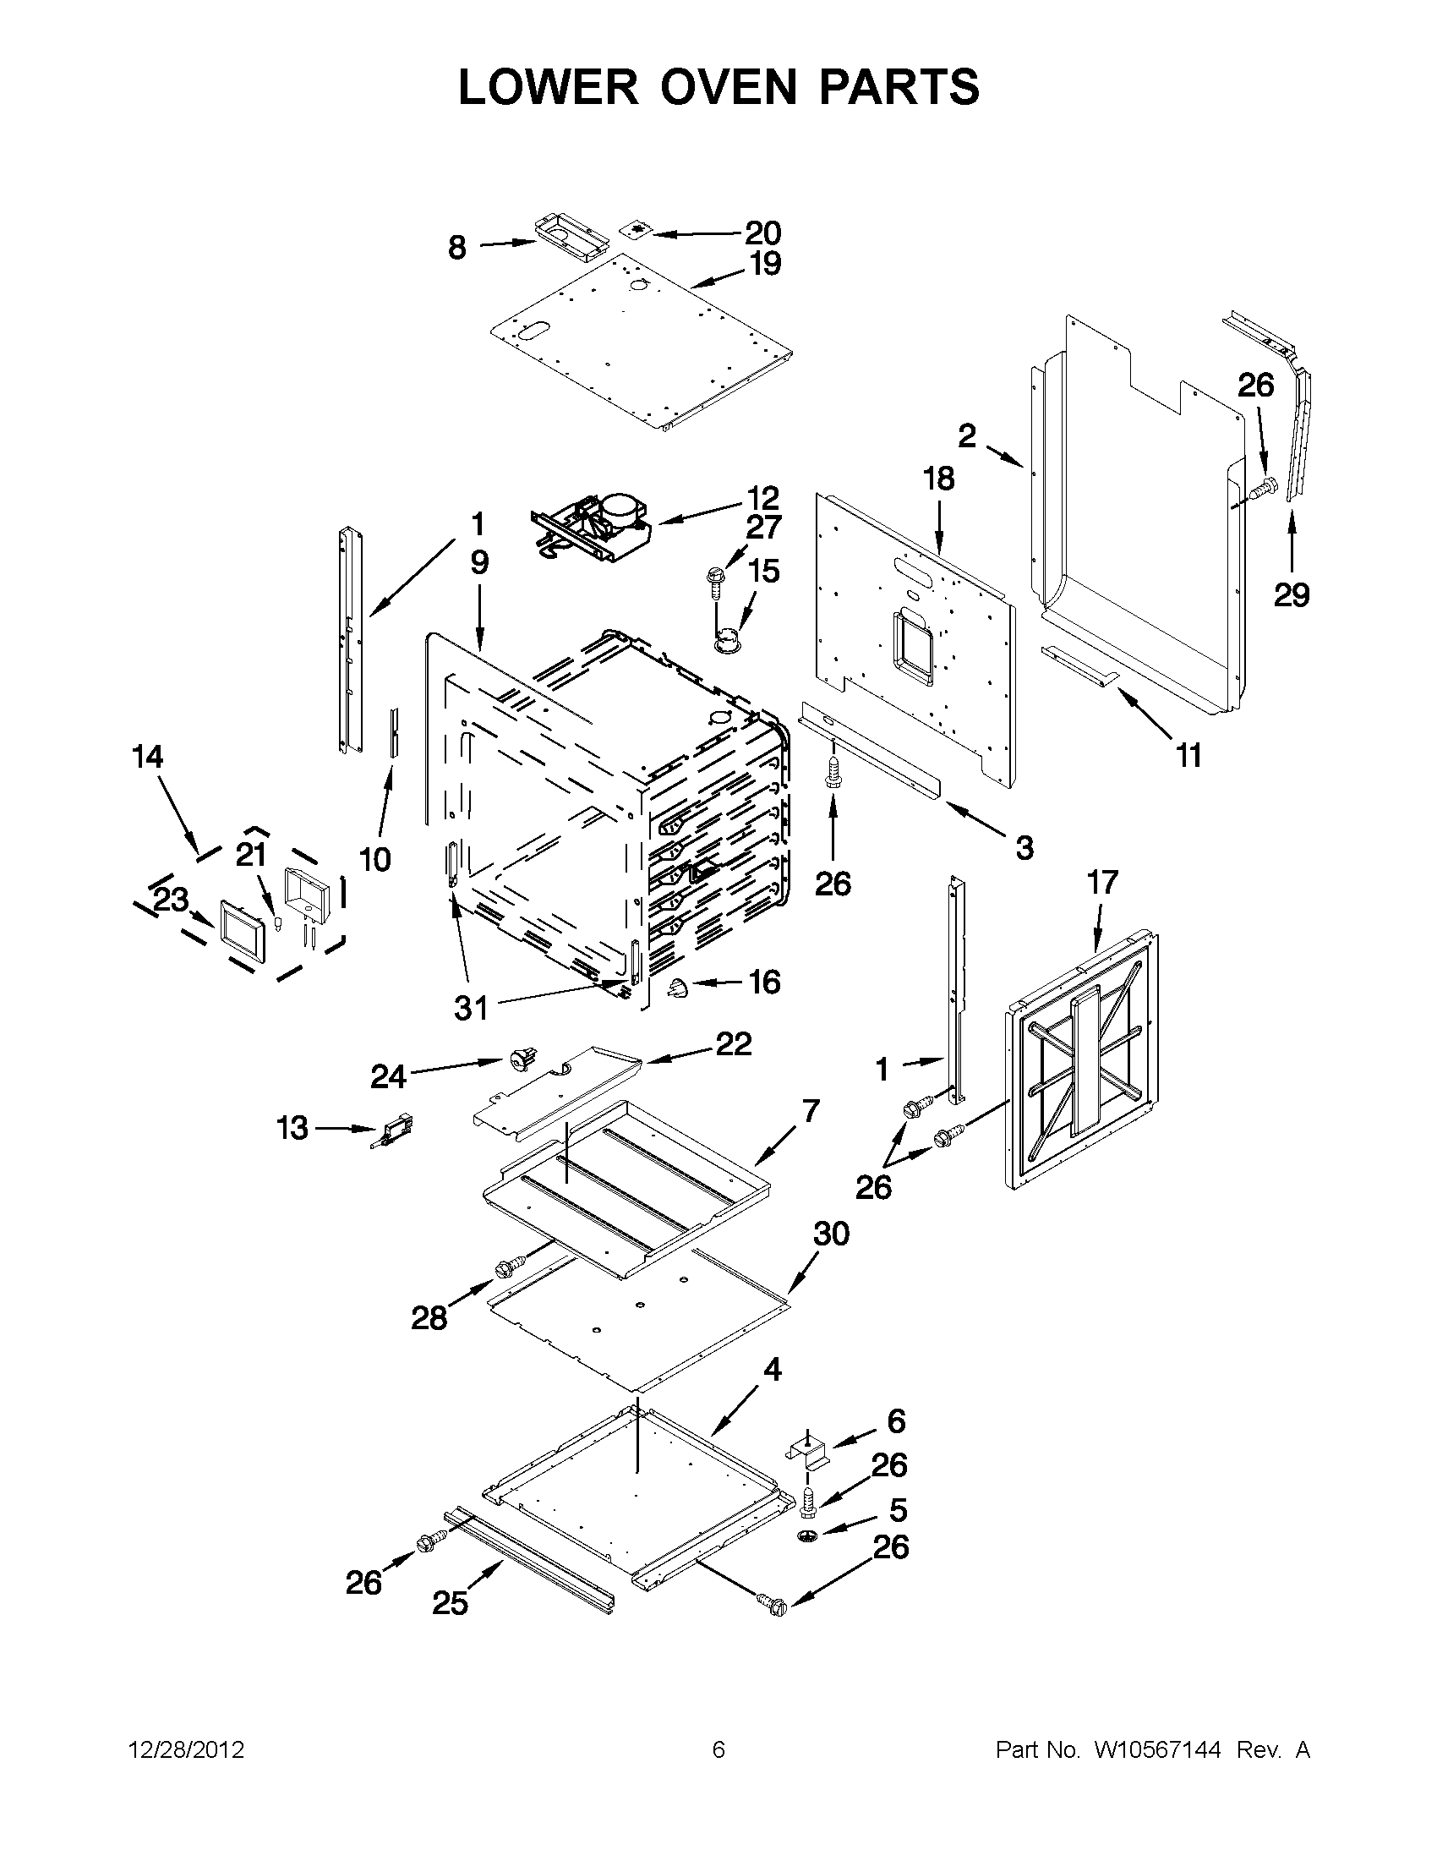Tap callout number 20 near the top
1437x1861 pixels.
pyautogui.click(x=762, y=233)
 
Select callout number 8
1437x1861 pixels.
pyautogui.click(x=457, y=248)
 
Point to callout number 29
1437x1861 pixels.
pyautogui.click(x=1291, y=594)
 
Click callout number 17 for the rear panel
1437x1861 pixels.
pyautogui.click(x=1102, y=883)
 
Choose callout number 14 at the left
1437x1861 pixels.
pyautogui.click(x=148, y=757)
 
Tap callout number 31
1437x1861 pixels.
pyautogui.click(x=471, y=1008)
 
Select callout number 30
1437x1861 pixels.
pyautogui.click(x=832, y=1233)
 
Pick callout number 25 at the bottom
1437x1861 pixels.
pyautogui.click(x=450, y=1603)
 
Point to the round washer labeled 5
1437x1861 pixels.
pyautogui.click(x=807, y=1535)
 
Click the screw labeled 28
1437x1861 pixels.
pyautogui.click(x=505, y=1293)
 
